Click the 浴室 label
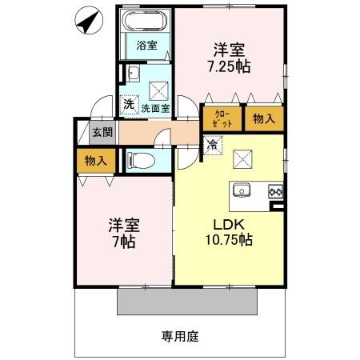click(146, 46)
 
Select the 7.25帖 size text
click(231, 67)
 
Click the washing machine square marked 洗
click(128, 104)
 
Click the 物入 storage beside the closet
click(262, 119)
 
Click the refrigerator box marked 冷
click(212, 146)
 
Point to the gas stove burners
click(275, 191)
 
